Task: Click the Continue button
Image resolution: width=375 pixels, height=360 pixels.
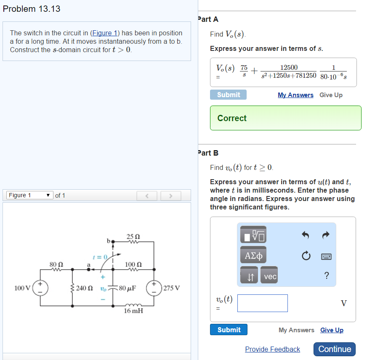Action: pyautogui.click(x=335, y=349)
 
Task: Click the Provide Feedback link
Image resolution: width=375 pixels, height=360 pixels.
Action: pyautogui.click(x=272, y=349)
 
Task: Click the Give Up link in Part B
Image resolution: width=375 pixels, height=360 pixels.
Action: pyautogui.click(x=332, y=330)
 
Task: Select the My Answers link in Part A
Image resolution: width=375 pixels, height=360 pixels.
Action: pyautogui.click(x=295, y=95)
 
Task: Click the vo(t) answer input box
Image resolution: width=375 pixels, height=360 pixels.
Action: pyautogui.click(x=263, y=303)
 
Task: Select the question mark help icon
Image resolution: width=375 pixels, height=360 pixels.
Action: pyautogui.click(x=327, y=276)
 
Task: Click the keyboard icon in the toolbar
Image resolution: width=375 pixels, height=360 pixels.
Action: pyautogui.click(x=327, y=256)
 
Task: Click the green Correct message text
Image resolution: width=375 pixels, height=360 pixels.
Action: pyautogui.click(x=232, y=118)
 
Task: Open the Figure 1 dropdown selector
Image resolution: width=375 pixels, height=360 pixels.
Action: pyautogui.click(x=29, y=195)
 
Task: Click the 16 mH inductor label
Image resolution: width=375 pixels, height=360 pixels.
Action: pyautogui.click(x=133, y=311)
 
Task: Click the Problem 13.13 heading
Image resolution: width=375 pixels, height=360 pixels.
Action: pyautogui.click(x=32, y=9)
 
